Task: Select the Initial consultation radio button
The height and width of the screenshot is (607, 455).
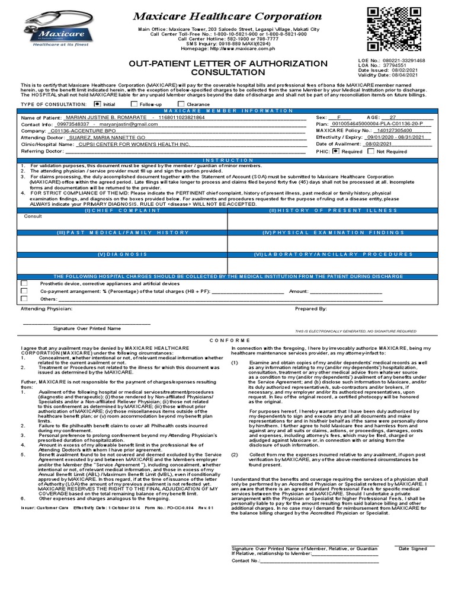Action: point(98,103)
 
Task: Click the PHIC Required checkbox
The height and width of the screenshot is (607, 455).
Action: point(336,151)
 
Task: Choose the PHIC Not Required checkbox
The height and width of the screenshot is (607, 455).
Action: point(371,151)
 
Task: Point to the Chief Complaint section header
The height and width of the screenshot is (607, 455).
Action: point(116,210)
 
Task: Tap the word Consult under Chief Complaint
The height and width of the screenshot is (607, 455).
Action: point(33,217)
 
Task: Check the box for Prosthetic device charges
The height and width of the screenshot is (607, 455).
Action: point(24,283)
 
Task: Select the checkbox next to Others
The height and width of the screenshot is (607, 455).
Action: point(24,299)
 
